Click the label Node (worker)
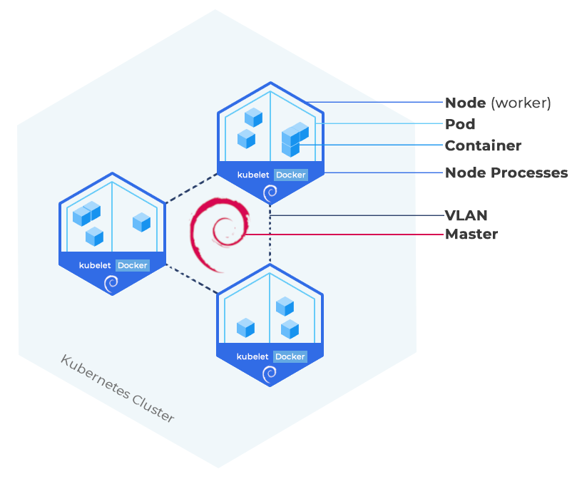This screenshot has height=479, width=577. point(498,103)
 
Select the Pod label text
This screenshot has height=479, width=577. point(460,124)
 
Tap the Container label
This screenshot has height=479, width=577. point(483,145)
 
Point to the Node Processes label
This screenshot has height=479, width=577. point(506,172)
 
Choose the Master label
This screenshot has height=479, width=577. point(471,234)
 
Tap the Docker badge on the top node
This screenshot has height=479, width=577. point(290,175)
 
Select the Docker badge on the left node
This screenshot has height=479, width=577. point(132,265)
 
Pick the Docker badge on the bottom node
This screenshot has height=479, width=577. point(290,356)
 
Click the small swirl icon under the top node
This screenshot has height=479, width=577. point(270,192)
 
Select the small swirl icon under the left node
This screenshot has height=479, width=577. point(111,284)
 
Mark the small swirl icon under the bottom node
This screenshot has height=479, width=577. point(270,375)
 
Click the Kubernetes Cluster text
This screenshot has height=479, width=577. point(117,388)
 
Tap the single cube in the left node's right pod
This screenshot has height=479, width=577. point(142,222)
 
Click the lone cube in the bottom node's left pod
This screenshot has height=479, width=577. point(246,328)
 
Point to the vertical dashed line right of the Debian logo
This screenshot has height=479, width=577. point(270,235)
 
